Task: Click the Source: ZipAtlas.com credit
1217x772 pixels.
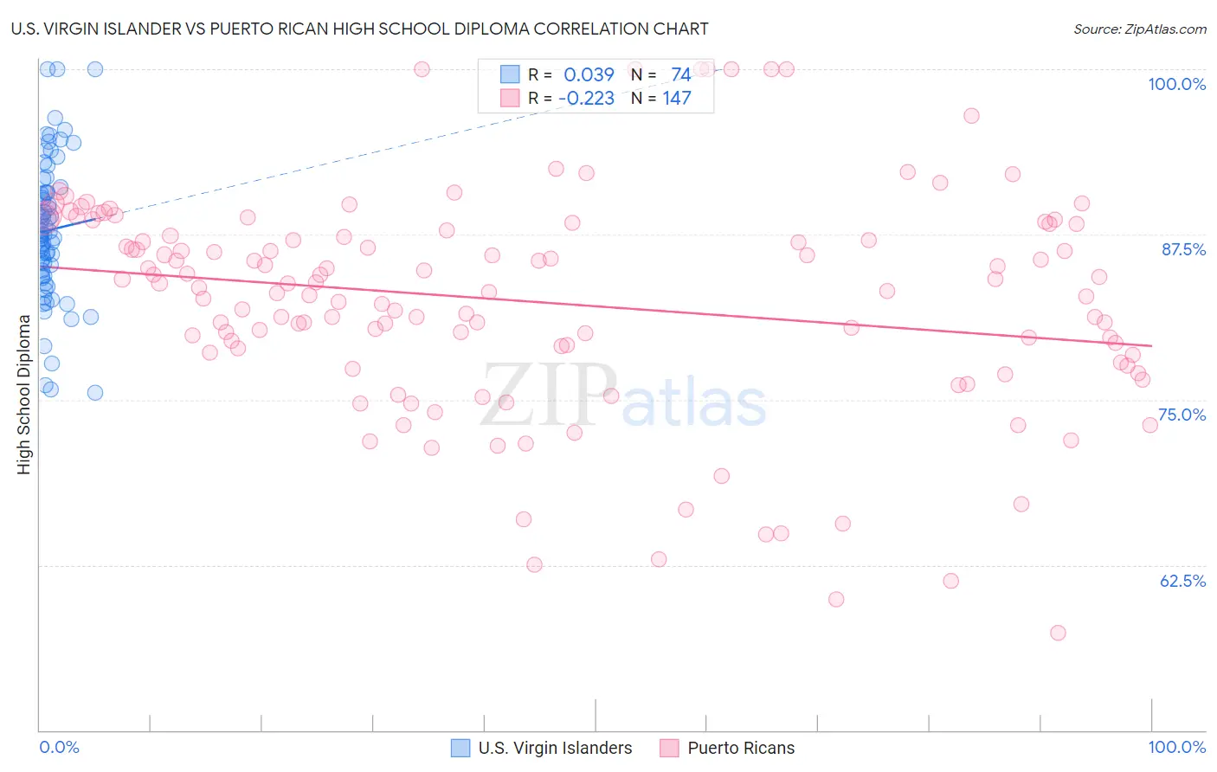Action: click(x=1139, y=29)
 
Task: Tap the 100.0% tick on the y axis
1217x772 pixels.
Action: click(x=1176, y=84)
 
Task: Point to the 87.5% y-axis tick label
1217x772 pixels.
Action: click(x=1183, y=249)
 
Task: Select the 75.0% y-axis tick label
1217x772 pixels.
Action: click(x=1182, y=415)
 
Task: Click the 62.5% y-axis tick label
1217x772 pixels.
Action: click(x=1182, y=581)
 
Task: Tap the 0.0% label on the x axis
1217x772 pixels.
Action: click(x=59, y=747)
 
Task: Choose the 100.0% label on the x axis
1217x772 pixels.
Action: click(x=1176, y=747)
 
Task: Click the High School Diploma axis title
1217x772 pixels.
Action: click(x=24, y=394)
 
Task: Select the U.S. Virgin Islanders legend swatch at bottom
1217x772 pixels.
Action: click(x=461, y=748)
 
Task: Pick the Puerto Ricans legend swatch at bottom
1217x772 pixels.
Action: click(x=669, y=748)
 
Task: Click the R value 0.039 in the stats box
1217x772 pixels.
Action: click(x=589, y=75)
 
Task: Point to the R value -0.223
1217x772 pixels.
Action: click(x=586, y=99)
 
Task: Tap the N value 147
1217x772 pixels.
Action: click(x=677, y=99)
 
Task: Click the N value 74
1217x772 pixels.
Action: click(x=680, y=75)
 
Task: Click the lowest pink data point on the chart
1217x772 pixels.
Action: click(x=1058, y=633)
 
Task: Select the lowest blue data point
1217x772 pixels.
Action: click(x=95, y=393)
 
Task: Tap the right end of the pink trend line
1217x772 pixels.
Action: click(x=1151, y=345)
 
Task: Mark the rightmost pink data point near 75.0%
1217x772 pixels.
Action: click(x=1149, y=425)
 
